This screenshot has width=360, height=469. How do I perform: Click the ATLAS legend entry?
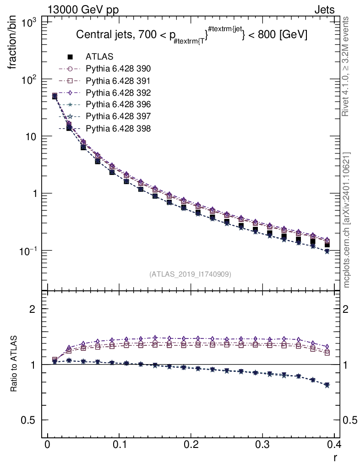[x=99, y=57]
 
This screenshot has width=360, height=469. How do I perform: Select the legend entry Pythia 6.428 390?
[x=118, y=69]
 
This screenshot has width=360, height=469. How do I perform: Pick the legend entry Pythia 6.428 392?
[x=118, y=93]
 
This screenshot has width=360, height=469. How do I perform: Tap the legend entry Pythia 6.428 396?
[x=118, y=104]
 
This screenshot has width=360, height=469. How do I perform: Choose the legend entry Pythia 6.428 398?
[x=118, y=128]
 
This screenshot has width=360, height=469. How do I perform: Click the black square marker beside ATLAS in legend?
[x=70, y=57]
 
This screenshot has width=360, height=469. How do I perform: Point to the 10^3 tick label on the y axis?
[x=29, y=22]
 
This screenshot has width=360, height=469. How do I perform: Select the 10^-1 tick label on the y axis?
[x=29, y=251]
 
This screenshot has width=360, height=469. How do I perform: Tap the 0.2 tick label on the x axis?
[x=191, y=445]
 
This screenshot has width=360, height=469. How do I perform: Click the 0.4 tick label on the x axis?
[x=334, y=445]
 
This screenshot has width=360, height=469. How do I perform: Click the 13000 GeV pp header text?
[x=83, y=10]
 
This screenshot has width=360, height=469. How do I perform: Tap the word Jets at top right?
[x=324, y=10]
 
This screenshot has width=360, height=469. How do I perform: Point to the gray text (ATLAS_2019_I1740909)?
[x=190, y=274]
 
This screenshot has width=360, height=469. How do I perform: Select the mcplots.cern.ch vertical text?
[x=347, y=220]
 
